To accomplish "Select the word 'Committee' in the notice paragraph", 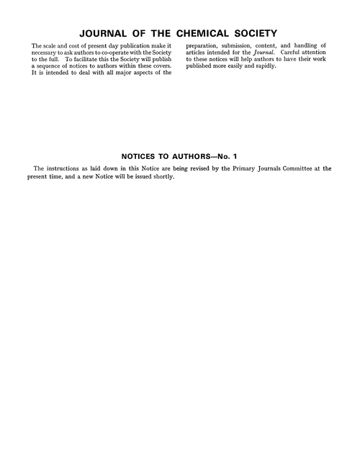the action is pos(298,168).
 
